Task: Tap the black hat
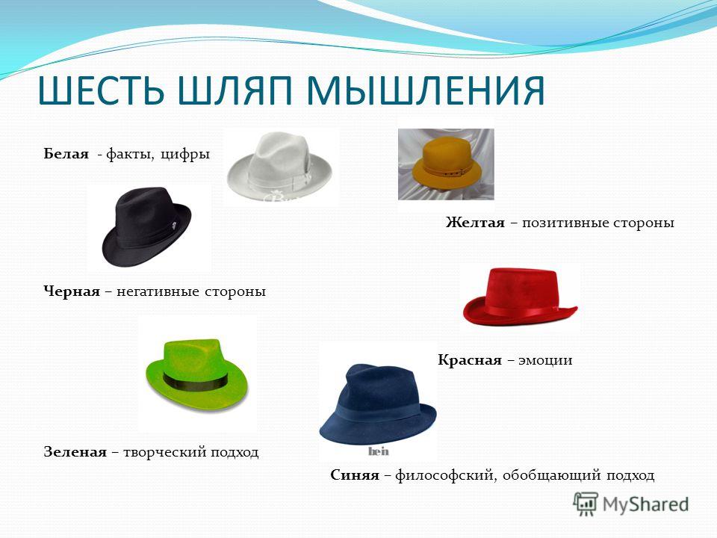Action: pos(147,227)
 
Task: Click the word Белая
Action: pos(66,154)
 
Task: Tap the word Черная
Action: pos(72,291)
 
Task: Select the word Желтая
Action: pos(475,223)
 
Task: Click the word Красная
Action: pos(470,360)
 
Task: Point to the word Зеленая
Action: pos(75,452)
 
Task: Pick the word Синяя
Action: pos(355,475)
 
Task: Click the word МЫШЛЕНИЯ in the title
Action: pos(425,90)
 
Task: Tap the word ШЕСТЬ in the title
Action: pos(101,90)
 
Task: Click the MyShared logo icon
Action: pos(586,504)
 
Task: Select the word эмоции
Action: pos(545,360)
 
